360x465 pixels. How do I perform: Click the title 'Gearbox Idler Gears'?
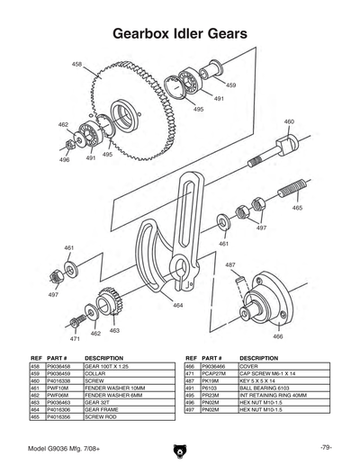pyautogui.click(x=179, y=34)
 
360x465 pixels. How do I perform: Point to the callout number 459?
pyautogui.click(x=231, y=85)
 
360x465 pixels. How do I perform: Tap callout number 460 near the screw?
pyautogui.click(x=289, y=121)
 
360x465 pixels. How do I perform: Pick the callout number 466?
pyautogui.click(x=277, y=335)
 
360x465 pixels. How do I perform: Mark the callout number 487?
pyautogui.click(x=230, y=264)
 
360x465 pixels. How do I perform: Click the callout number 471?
pyautogui.click(x=76, y=339)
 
